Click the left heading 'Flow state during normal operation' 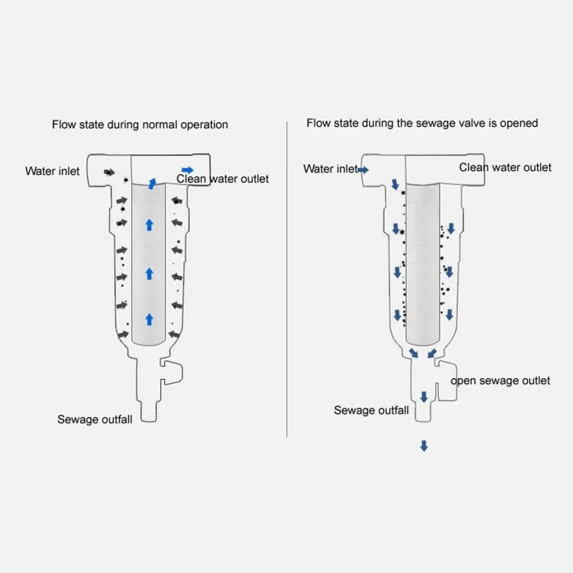pyautogui.click(x=140, y=125)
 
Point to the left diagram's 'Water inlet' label pyautogui.click(x=52, y=171)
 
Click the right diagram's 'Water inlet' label pyautogui.click(x=329, y=169)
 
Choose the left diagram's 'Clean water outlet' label pyautogui.click(x=223, y=178)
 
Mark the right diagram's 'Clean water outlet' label pyautogui.click(x=505, y=168)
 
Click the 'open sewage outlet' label pyautogui.click(x=500, y=380)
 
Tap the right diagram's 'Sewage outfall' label pyautogui.click(x=371, y=410)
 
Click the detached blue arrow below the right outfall pyautogui.click(x=423, y=446)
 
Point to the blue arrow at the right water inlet pyautogui.click(x=363, y=170)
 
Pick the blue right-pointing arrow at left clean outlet pyautogui.click(x=187, y=170)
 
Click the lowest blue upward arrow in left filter pyautogui.click(x=149, y=319)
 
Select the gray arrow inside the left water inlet pyautogui.click(x=109, y=173)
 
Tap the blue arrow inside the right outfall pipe pyautogui.click(x=423, y=396)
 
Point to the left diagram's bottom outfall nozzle pyautogui.click(x=149, y=413)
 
